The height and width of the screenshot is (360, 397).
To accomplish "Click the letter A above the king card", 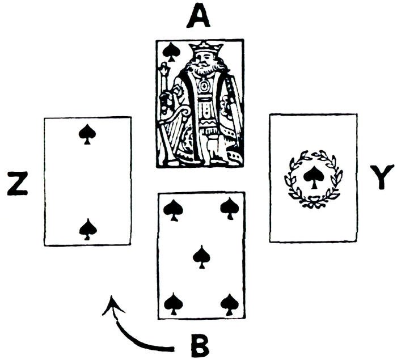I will [198, 18].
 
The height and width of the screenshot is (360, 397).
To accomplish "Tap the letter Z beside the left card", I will [18, 185].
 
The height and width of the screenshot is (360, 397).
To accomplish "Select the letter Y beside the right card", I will [381, 177].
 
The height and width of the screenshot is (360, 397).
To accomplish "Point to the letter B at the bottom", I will [199, 344].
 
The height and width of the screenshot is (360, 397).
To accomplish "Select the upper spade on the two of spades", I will [87, 134].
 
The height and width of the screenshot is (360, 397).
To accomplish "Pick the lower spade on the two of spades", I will [87, 229].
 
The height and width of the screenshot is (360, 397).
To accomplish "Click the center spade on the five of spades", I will [201, 256].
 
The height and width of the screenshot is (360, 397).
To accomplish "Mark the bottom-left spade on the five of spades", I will [172, 304].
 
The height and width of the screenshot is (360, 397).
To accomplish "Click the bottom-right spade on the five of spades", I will [229, 304].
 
